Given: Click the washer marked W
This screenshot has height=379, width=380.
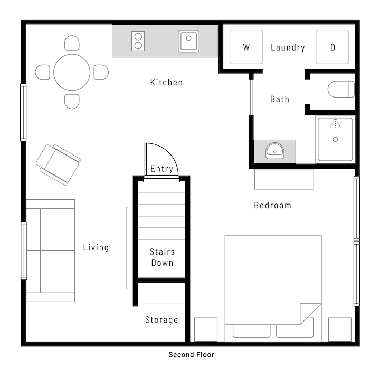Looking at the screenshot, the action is point(246,47).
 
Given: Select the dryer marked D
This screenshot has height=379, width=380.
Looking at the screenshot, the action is point(332,47).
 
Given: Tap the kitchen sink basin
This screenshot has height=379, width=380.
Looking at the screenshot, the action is point(188,41).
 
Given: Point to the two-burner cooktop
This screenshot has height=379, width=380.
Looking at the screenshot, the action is point(138,41).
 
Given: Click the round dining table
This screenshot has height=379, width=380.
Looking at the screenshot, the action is point(72,72).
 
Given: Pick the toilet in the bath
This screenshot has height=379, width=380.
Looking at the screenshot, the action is point(341,89).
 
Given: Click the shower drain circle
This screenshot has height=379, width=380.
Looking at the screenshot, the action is point(335,139).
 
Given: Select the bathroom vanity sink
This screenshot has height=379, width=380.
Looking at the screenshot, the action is point(274,151).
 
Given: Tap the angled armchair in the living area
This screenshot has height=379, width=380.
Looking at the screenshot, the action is point(59,165).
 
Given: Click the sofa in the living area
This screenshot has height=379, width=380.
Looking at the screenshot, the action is point(51,250).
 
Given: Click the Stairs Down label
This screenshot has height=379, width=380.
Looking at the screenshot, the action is point(162,257).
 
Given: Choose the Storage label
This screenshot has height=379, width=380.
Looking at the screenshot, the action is point(161,320).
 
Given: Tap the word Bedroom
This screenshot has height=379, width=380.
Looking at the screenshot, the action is point(273,205).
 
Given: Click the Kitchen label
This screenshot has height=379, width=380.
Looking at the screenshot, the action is point(166,82).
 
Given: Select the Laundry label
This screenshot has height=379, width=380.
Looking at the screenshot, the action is point(288,47).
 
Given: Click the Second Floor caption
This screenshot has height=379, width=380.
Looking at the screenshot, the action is point(191,355).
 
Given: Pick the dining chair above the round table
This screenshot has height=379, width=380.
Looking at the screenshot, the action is point(72,43).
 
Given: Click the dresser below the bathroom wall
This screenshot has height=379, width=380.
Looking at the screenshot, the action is point(284,179).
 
